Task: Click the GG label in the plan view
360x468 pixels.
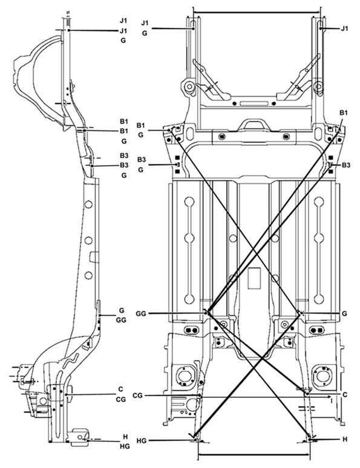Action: tap(141, 314)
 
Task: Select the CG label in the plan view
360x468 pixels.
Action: tap(137, 396)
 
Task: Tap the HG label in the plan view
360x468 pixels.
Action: tap(142, 441)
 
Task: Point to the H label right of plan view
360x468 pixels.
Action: tap(345, 439)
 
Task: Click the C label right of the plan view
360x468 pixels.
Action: tap(345, 395)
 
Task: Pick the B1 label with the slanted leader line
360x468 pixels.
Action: tap(344, 113)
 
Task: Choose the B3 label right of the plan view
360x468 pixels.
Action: tap(346, 164)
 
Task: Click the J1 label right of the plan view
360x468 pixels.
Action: tap(344, 28)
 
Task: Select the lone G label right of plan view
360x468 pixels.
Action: tap(344, 314)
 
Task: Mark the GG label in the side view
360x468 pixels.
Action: tap(121, 320)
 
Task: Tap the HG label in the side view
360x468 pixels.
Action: tap(125, 446)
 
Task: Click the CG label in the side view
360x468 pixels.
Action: tap(120, 399)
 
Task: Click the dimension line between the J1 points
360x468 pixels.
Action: tap(257, 13)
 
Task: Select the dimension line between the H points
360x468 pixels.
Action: tap(254, 455)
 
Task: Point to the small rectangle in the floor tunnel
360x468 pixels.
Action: tap(254, 278)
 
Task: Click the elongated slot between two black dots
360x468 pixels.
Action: tap(254, 103)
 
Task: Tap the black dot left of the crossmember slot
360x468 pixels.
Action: tap(235, 103)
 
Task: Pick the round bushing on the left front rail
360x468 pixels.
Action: tap(189, 87)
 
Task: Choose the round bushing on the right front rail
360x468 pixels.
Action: tap(319, 87)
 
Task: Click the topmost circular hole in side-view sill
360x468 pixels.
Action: tap(88, 204)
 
